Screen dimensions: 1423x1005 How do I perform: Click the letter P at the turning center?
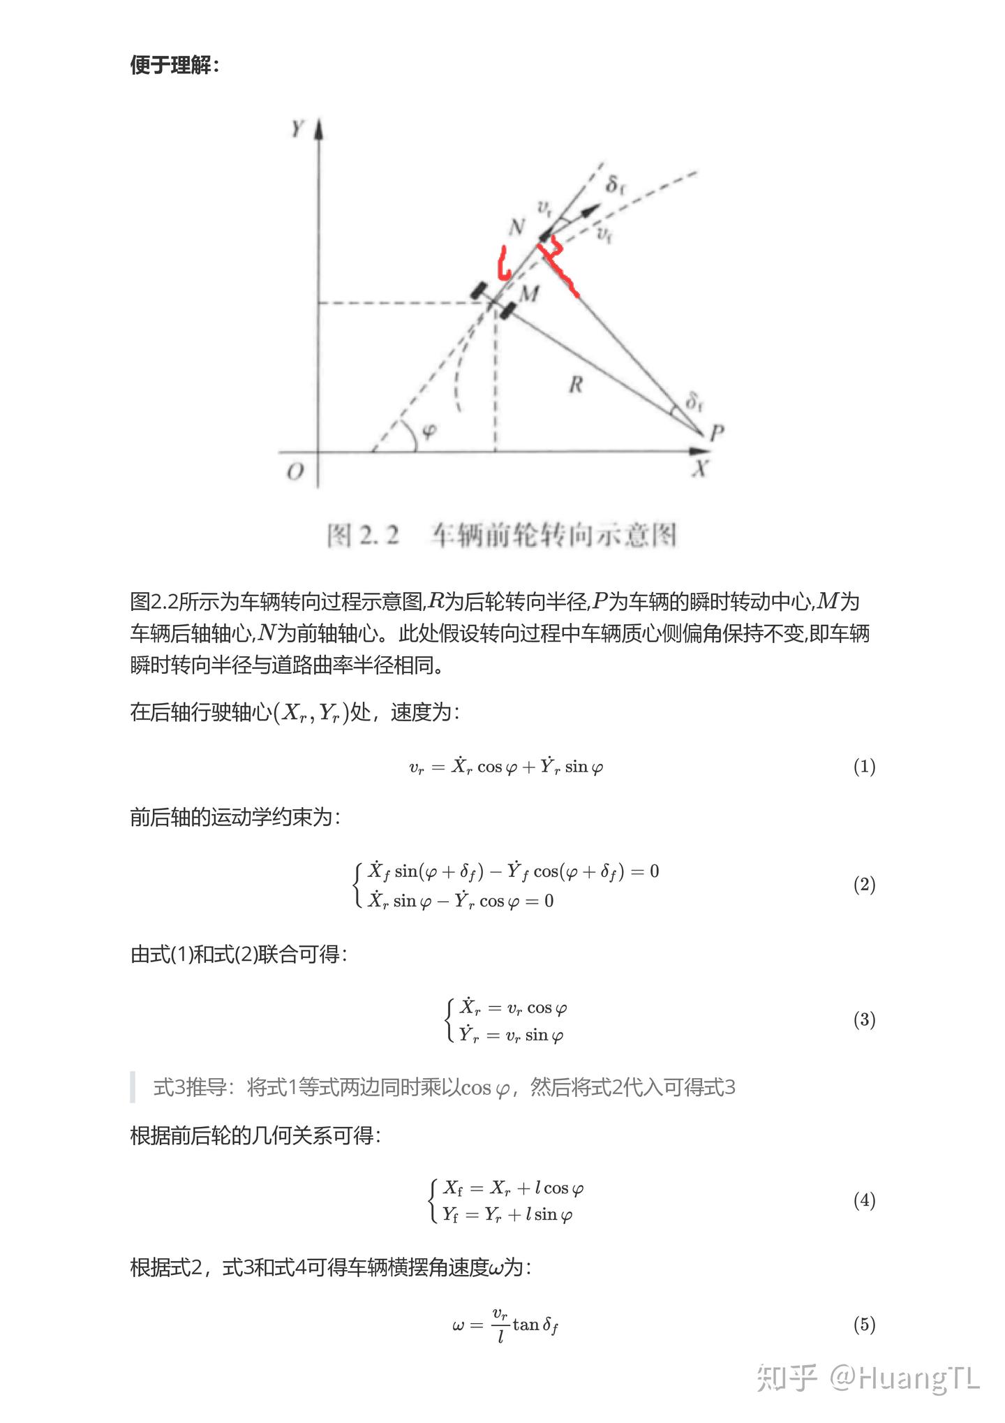[x=717, y=434]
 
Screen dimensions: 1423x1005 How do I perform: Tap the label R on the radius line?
[x=576, y=384]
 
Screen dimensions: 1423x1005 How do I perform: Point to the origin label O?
[x=295, y=472]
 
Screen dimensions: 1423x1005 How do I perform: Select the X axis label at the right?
[x=700, y=468]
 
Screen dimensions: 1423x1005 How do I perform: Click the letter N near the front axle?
[x=516, y=227]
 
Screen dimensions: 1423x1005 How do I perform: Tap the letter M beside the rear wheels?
[x=530, y=293]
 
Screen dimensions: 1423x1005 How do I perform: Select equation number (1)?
[x=864, y=767]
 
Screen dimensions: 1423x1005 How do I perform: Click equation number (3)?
[x=864, y=1019]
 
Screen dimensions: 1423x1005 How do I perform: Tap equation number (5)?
[x=864, y=1325]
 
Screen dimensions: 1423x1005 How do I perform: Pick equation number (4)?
[x=864, y=1200]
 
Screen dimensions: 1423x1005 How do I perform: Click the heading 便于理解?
[x=174, y=66]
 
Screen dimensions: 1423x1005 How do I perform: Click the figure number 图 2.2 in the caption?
[x=363, y=536]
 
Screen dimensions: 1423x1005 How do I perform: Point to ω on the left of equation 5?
[x=458, y=1325]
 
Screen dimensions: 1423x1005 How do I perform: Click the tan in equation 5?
[x=526, y=1325]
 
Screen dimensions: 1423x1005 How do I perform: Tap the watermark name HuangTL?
[x=918, y=1378]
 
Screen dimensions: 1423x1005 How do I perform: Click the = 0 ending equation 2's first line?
[x=645, y=871]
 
